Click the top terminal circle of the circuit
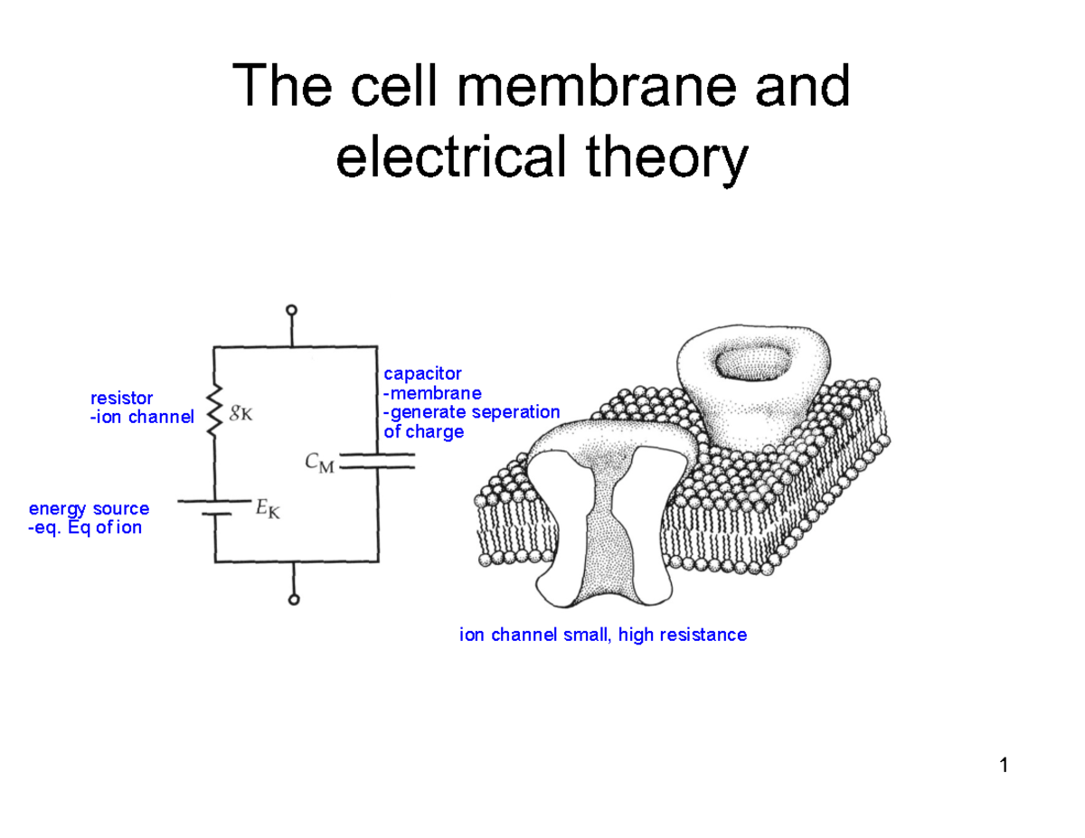click(x=292, y=310)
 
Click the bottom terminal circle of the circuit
click(x=292, y=599)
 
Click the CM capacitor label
click(x=318, y=464)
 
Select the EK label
click(x=268, y=509)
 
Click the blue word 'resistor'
click(x=121, y=398)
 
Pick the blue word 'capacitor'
click(x=422, y=373)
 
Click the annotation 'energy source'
click(x=89, y=509)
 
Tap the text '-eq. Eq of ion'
click(x=85, y=528)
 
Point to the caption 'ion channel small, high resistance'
click(x=603, y=635)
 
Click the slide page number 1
click(x=1004, y=767)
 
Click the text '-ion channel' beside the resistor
click(x=141, y=418)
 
